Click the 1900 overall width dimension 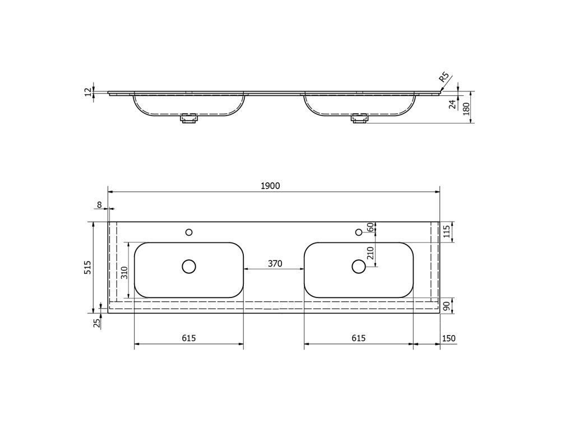click(x=270, y=186)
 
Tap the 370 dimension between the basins click(x=275, y=264)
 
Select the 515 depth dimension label click(x=88, y=268)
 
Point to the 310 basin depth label click(x=125, y=273)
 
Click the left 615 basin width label click(x=189, y=338)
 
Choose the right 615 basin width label click(x=358, y=338)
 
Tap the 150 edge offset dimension click(x=449, y=338)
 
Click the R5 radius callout click(x=443, y=77)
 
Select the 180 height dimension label click(x=466, y=109)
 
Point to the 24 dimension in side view click(x=453, y=104)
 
